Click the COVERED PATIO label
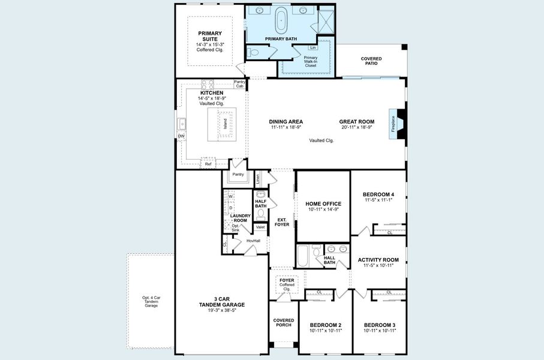(371, 61)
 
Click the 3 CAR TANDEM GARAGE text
(221, 304)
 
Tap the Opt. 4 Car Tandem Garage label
(151, 302)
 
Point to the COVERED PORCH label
(284, 323)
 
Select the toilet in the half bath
(261, 212)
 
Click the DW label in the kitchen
(181, 137)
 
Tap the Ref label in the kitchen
(208, 164)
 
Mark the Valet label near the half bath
(260, 227)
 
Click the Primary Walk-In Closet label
(311, 61)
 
